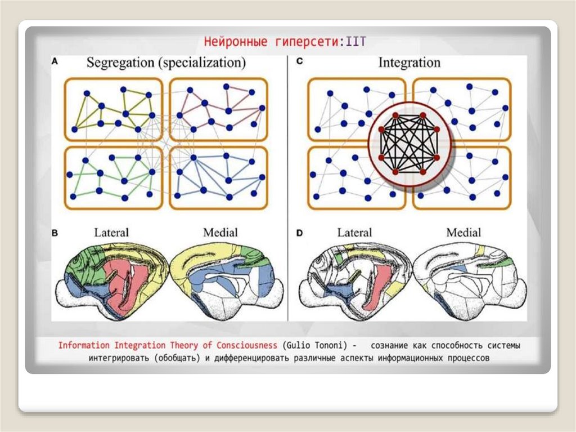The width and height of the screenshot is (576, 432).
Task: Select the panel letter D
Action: pyautogui.click(x=299, y=232)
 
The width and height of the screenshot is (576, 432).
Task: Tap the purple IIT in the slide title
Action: pyautogui.click(x=358, y=41)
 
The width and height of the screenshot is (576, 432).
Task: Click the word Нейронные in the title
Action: pyautogui.click(x=229, y=41)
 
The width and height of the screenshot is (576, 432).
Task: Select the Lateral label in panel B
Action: pyautogui.click(x=111, y=232)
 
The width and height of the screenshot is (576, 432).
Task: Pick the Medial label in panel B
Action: pyautogui.click(x=220, y=232)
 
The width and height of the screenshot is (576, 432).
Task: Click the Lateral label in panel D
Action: pyautogui.click(x=354, y=232)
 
